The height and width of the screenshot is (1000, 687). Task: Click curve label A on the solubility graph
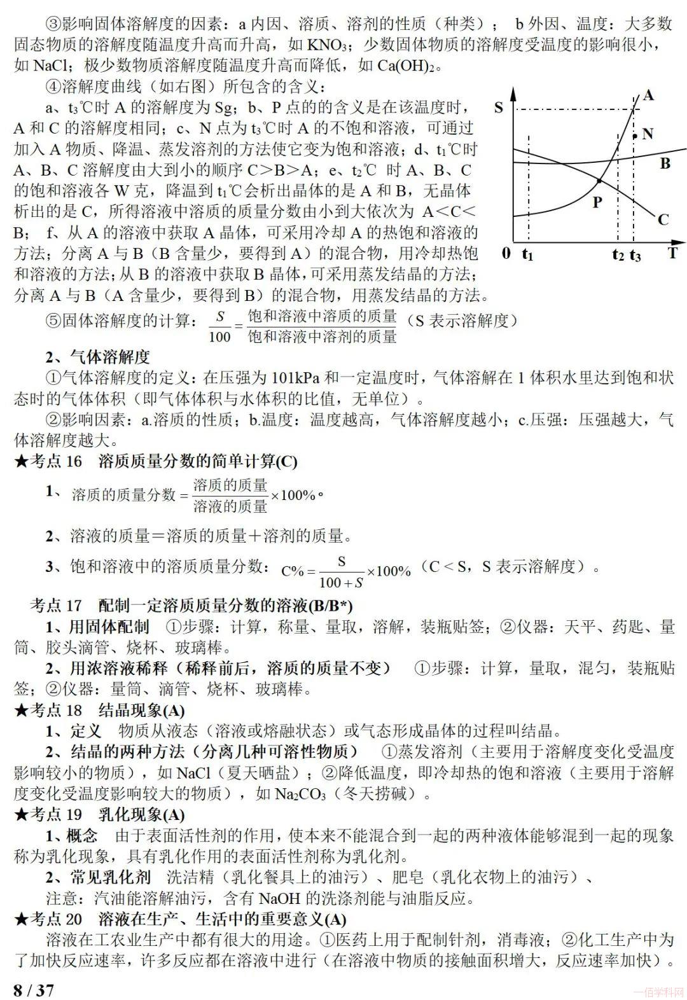pos(648,95)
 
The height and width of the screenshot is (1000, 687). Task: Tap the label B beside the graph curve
pos(665,163)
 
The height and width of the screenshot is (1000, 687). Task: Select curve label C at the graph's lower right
pos(663,220)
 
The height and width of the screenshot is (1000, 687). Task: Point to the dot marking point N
pos(634,135)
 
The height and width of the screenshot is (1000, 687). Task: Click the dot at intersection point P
pos(599,182)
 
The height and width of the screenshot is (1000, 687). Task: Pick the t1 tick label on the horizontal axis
pos(527,254)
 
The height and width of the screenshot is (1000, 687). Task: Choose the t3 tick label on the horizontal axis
pos(635,255)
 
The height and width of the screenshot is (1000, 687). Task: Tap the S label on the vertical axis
pos(499,108)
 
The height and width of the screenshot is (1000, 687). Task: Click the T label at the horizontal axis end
pos(672,254)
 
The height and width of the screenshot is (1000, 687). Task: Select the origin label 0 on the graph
pos(506,254)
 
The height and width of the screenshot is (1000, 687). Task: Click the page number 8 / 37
pos(34,990)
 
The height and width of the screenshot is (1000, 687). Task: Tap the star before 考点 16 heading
pos(22,462)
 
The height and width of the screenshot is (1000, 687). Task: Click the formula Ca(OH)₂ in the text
pos(408,66)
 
